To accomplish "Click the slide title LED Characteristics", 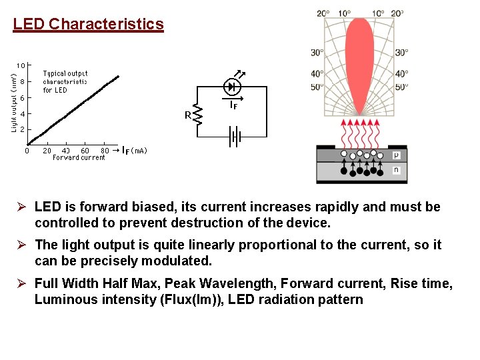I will (88, 25).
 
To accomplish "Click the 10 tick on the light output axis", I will (21, 65).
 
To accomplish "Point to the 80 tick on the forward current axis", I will (105, 151).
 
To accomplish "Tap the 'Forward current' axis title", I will (79, 158).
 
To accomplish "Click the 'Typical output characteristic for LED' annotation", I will (65, 81).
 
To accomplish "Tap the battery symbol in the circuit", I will (234, 137).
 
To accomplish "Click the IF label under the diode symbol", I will (234, 105).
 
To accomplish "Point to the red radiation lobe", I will (360, 60).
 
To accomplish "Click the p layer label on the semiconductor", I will (396, 154).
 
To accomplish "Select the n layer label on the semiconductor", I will (396, 170).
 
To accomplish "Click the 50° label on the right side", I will (401, 87).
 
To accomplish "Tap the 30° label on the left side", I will (317, 53).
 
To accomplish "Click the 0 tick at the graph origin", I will (27, 151).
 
